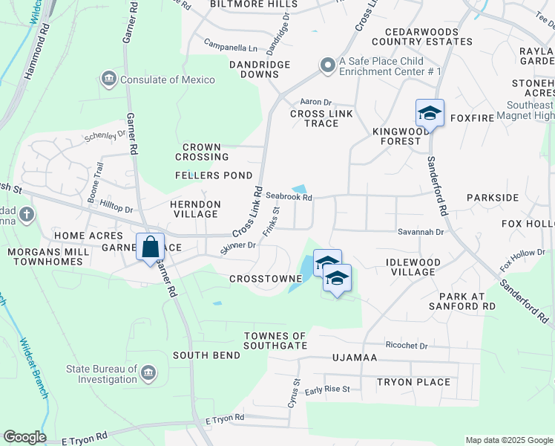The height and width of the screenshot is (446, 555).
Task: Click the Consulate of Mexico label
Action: point(168,80)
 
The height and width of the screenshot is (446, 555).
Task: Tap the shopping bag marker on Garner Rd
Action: point(150,248)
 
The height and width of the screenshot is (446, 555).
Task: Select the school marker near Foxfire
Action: point(430,114)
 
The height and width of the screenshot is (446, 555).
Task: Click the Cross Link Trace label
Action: point(321,118)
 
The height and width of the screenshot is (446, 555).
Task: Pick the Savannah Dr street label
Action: point(424,232)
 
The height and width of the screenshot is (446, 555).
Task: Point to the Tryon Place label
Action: point(413,382)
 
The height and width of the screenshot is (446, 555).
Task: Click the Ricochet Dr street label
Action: point(407,346)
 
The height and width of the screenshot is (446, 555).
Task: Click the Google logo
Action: point(24,437)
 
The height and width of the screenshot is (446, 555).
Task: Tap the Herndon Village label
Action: point(196,208)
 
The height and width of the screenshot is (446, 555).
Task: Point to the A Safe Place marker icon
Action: point(327,66)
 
